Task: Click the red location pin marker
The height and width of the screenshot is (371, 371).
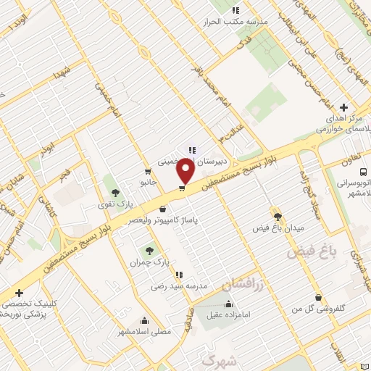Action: (186, 171)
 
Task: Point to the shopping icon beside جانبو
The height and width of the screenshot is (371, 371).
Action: (148, 172)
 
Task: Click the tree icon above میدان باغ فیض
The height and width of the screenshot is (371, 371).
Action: (278, 215)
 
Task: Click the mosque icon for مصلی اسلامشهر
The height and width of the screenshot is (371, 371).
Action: (146, 320)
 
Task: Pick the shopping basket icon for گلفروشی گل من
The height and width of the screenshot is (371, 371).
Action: (319, 297)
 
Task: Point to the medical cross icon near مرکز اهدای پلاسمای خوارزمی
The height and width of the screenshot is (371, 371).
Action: (343, 107)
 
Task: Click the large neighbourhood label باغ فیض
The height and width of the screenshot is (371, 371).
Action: (312, 252)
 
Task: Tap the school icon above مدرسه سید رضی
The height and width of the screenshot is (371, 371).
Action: (178, 275)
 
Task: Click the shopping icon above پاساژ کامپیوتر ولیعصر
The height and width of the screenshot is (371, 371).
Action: (172, 209)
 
